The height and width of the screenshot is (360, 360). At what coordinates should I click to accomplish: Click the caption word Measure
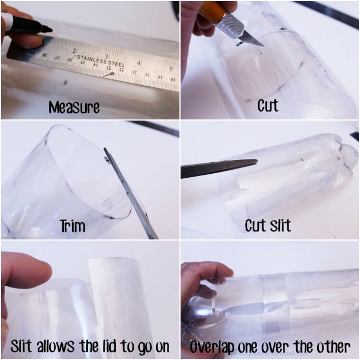point(74,107)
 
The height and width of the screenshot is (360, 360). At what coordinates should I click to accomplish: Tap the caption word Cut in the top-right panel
point(268,106)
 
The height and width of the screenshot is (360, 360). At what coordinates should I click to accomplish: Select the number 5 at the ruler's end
point(170,67)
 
